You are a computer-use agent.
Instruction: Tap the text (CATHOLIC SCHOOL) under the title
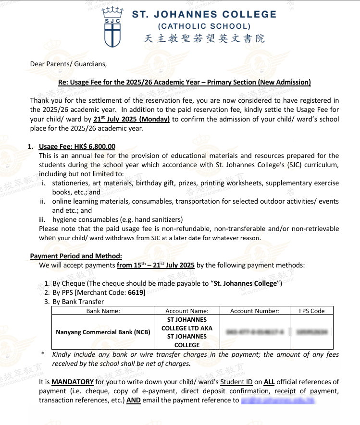coord(204,27)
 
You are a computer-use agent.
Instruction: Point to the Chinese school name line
coord(204,39)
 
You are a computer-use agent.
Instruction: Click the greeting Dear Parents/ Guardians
coord(68,63)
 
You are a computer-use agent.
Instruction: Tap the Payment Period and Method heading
coord(76,256)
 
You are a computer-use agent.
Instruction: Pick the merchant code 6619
coord(134,292)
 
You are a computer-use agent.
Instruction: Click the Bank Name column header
coord(103,311)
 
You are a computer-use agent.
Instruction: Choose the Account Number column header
coord(255,311)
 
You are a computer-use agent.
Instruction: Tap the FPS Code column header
coord(312,311)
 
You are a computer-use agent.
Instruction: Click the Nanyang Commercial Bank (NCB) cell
coord(103,332)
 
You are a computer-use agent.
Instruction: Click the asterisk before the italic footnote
coord(43,355)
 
